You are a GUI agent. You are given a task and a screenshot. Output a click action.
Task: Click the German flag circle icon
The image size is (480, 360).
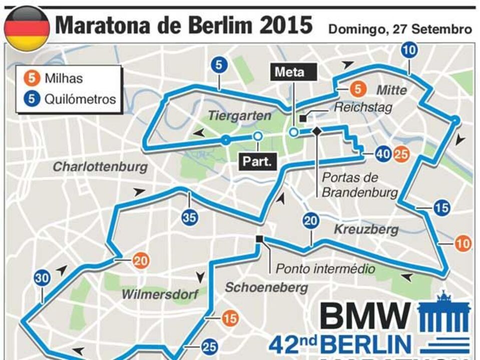click(27, 28)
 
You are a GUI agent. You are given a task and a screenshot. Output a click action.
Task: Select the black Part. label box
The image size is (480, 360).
click(257, 162)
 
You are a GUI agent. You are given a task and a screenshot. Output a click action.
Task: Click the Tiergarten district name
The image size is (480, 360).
click(239, 115)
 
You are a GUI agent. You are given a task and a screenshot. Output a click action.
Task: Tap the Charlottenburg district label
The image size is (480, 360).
click(100, 166)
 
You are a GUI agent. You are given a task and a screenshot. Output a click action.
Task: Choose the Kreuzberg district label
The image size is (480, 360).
click(366, 229)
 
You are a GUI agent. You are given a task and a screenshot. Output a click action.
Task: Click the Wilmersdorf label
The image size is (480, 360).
click(160, 294)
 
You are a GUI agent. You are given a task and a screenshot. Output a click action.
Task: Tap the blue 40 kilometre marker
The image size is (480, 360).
click(383, 154)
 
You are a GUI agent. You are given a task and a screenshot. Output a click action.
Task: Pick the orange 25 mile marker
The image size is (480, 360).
click(401, 154)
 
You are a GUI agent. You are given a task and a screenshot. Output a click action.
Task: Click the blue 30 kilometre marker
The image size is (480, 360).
click(42, 279)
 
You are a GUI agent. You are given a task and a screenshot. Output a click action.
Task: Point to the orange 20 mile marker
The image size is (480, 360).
click(141, 260)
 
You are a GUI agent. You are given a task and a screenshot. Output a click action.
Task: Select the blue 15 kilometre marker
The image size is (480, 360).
click(441, 207)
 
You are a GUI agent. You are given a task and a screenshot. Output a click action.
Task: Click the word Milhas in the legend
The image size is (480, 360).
click(64, 78)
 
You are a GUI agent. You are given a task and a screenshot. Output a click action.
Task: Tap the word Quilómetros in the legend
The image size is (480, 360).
click(80, 98)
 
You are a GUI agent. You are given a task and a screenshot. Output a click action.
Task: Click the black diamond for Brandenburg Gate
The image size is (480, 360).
click(316, 131)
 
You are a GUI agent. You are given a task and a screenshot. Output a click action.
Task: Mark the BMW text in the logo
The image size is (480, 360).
click(365, 315)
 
